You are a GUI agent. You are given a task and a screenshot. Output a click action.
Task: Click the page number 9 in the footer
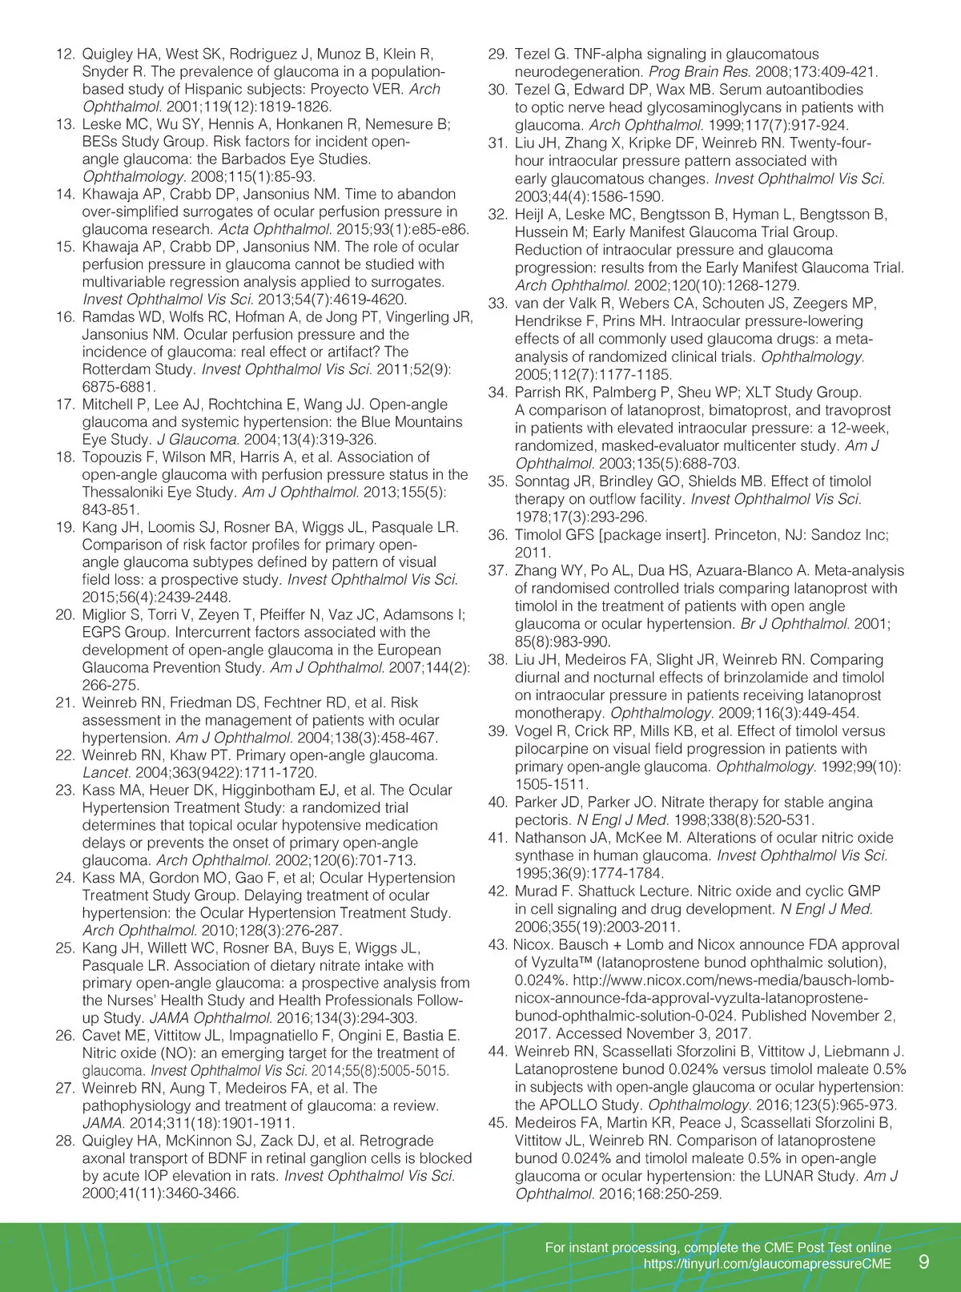[923, 1262]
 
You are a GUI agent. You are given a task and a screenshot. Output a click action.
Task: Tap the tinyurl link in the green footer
[767, 1264]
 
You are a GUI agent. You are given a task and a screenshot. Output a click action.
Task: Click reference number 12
[65, 54]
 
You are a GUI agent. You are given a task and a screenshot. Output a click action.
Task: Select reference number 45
[497, 1123]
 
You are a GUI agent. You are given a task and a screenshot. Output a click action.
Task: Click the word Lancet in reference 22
[106, 773]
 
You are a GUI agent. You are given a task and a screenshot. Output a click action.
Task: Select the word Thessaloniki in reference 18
[134, 493]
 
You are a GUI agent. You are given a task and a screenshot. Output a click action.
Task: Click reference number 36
[497, 535]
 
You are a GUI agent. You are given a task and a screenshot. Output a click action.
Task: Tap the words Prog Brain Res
[688, 72]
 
